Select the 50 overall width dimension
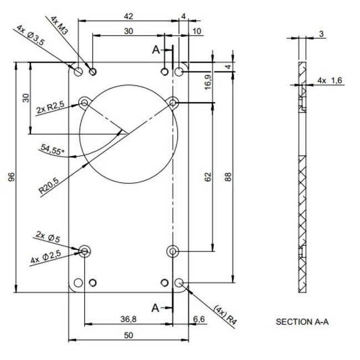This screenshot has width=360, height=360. click(128, 335)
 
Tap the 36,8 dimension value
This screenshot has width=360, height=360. click(128, 318)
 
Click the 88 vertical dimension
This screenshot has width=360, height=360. click(228, 177)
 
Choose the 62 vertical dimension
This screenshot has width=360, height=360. click(207, 177)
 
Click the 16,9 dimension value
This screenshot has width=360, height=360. click(207, 83)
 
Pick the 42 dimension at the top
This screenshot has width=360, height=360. click(128, 16)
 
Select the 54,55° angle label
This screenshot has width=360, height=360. click(53, 149)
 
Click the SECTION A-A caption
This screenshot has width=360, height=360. click(302, 321)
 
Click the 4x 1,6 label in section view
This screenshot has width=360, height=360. click(330, 81)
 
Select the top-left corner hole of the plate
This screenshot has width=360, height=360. click(78, 71)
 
